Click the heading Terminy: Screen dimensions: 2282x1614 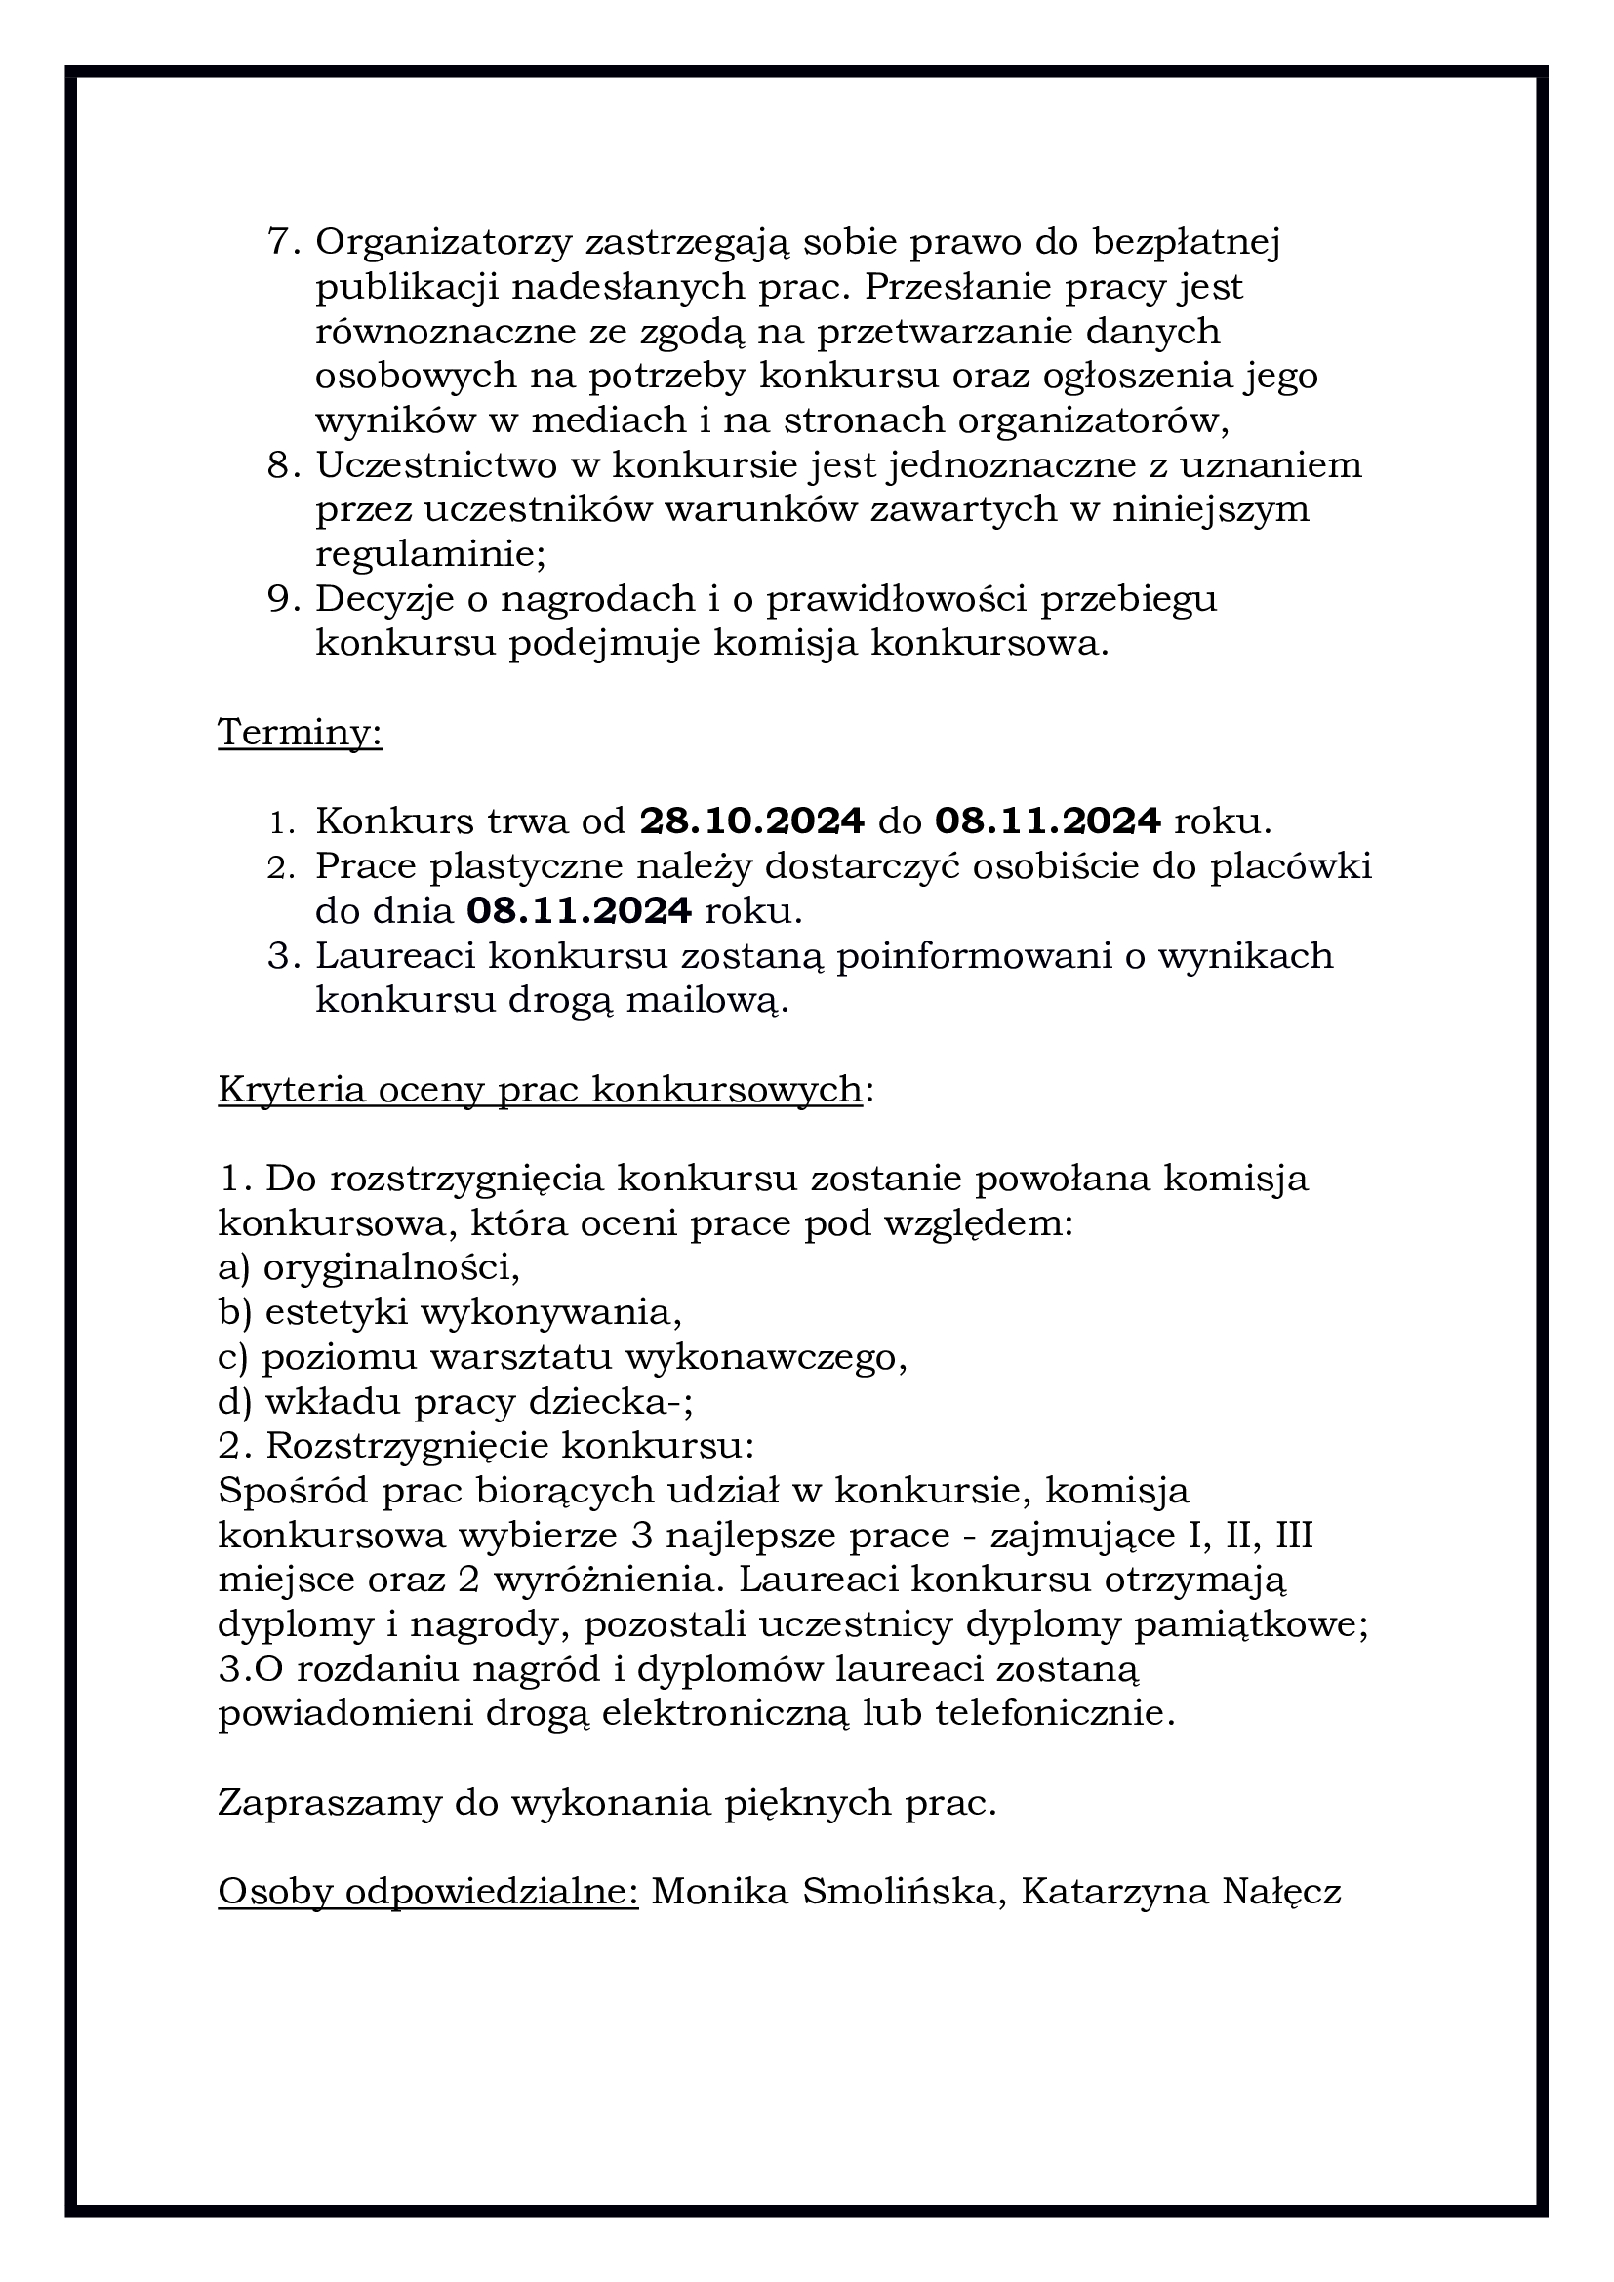point(301,734)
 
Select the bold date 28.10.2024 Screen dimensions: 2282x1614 point(751,821)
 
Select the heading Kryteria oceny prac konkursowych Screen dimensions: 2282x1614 point(540,1090)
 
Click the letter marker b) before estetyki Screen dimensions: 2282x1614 point(234,1312)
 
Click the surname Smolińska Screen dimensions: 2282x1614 point(900,1893)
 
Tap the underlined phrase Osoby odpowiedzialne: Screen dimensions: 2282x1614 point(428,1893)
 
